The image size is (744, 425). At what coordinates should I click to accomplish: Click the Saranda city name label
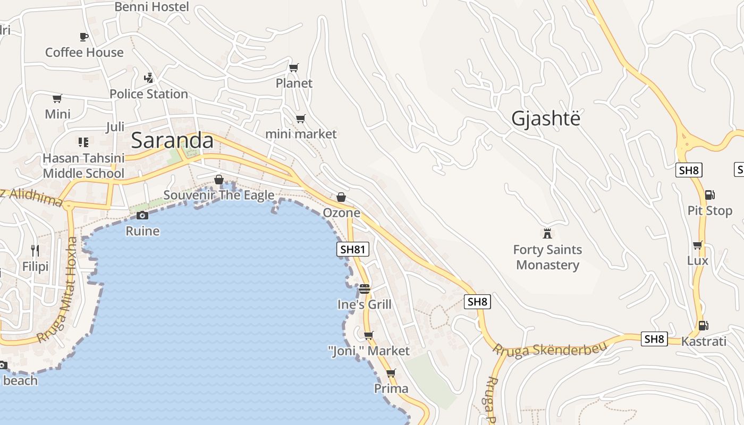(x=172, y=141)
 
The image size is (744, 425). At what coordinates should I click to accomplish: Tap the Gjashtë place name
(x=546, y=119)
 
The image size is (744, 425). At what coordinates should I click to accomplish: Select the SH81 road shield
(x=353, y=249)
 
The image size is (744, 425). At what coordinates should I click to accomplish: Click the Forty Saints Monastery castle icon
(x=547, y=233)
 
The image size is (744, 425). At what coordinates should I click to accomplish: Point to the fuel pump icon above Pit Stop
(x=709, y=195)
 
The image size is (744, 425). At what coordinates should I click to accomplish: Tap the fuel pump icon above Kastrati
(x=703, y=325)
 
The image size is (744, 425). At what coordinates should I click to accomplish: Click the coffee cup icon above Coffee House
(x=84, y=37)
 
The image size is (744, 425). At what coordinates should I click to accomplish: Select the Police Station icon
(x=149, y=78)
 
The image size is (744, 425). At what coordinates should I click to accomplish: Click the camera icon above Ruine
(x=142, y=215)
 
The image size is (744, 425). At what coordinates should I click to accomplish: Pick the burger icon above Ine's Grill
(x=364, y=289)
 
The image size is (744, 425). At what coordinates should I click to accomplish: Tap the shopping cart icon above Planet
(x=293, y=67)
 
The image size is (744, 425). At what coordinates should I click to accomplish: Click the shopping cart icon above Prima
(x=391, y=373)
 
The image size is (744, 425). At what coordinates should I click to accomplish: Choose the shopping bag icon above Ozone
(x=341, y=198)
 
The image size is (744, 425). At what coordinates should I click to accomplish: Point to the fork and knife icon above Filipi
(x=35, y=250)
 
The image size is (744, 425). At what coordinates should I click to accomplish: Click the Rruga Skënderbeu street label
(x=549, y=350)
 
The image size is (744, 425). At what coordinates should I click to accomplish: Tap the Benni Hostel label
(x=152, y=7)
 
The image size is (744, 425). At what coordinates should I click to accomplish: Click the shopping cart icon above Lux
(x=697, y=245)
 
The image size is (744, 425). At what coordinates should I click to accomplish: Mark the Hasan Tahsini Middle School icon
(x=83, y=142)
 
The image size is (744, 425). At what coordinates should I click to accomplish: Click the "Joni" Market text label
(x=369, y=351)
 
